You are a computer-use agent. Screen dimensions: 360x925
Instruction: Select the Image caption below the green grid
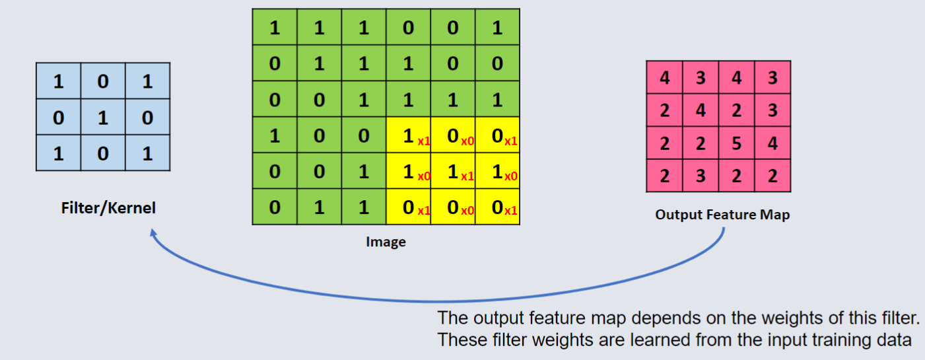386,242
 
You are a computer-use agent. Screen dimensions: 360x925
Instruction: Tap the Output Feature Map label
722,215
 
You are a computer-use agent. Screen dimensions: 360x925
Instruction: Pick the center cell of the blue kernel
103,118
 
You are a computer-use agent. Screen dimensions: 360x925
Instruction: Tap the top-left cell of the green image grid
275,28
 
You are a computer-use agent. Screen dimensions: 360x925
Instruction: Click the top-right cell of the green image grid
497,28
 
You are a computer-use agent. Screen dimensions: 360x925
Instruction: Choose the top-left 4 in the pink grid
665,78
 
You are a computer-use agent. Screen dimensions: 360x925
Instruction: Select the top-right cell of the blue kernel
147,82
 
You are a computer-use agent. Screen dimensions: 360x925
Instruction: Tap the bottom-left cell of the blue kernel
58,153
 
